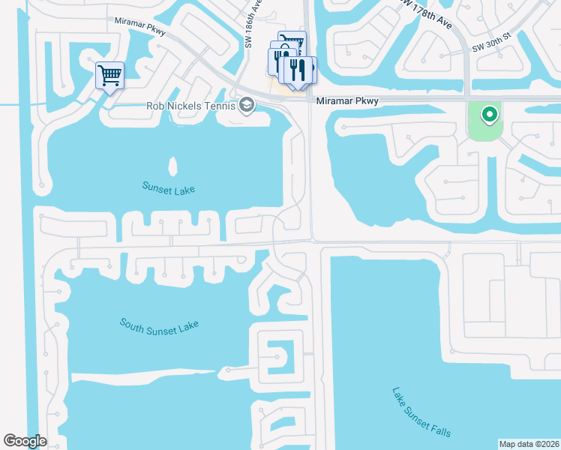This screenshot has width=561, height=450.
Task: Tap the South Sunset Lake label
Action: coord(158,332)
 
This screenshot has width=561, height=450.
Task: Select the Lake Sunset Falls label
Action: coord(421,412)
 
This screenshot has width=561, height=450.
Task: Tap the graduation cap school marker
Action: coord(246,106)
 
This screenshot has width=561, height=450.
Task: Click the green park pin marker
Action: coord(489,115)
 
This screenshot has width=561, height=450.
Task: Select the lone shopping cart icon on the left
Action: coord(109,74)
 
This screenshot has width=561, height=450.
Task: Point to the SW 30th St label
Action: coord(491,47)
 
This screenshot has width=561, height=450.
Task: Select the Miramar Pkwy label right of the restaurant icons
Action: coord(346,100)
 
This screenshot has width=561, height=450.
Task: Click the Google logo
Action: coord(25,441)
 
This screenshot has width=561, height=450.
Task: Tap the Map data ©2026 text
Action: coord(529,443)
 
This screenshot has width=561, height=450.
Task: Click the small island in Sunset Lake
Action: coord(174,166)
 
